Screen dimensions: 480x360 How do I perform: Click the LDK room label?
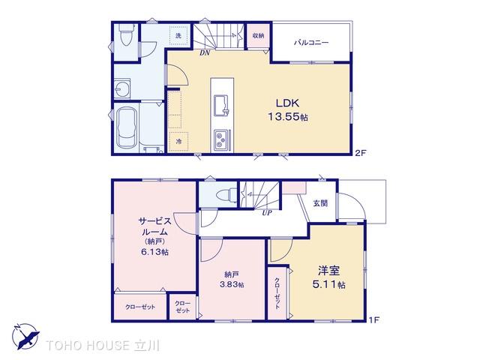pos(287,103)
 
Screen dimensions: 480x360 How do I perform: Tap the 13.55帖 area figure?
pos(288,117)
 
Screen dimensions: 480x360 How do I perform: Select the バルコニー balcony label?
pos(311,42)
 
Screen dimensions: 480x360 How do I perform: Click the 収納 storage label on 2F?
pos(258,35)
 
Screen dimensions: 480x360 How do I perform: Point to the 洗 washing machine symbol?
pos(178,35)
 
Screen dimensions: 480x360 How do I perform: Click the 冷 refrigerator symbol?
pos(178,142)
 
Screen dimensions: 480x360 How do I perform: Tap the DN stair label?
pos(205,53)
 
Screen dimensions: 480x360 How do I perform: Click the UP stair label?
pos(267,213)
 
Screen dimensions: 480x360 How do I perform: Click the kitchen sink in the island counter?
pos(220,105)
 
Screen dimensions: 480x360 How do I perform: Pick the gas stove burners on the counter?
pos(220,140)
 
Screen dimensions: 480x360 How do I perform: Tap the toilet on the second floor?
pos(126,34)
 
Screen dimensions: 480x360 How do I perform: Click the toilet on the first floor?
pos(226,194)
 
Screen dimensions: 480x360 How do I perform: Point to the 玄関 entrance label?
pos(320,203)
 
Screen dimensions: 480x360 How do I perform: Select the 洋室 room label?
pos(328,271)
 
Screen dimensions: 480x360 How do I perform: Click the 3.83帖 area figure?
pos(232,284)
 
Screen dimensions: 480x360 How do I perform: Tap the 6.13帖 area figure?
pos(155,252)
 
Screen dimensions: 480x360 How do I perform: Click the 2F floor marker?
pos(361,152)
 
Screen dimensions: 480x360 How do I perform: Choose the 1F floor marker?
pos(373,320)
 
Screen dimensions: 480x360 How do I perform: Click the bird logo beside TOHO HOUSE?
pos(25,336)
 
